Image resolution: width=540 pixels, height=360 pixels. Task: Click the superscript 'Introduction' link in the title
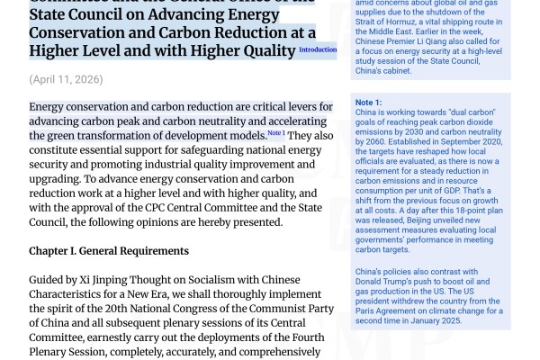click(317, 50)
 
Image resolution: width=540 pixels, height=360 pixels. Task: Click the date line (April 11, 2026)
click(66, 79)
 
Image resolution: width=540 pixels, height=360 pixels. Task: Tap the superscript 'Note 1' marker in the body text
click(275, 133)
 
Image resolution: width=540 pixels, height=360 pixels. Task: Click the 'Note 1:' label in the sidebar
click(369, 103)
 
